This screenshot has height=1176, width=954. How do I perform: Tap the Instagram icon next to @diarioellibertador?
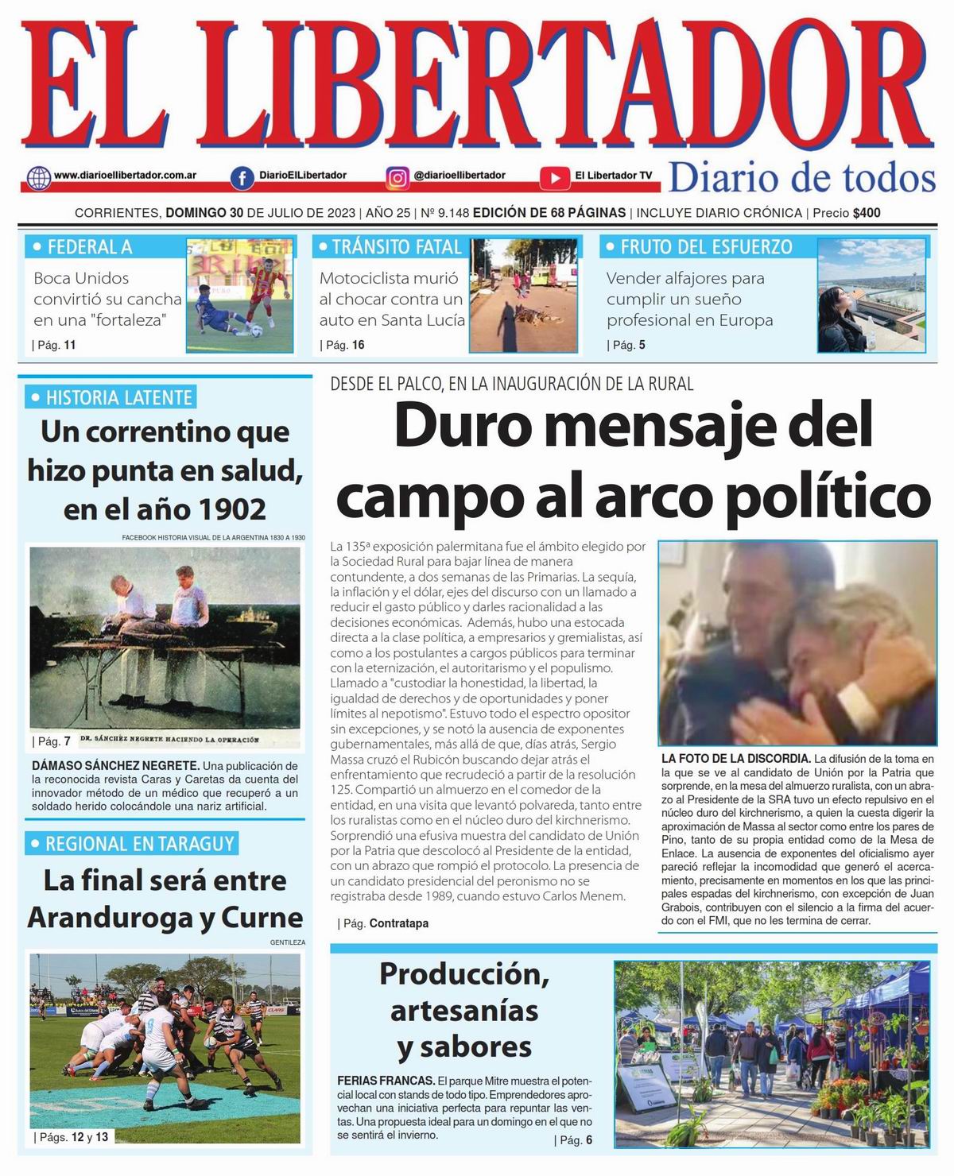[397, 177]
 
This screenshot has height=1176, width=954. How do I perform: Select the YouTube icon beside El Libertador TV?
[554, 177]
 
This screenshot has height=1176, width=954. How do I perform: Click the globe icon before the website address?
[38, 177]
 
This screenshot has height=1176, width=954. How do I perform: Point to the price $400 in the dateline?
[866, 213]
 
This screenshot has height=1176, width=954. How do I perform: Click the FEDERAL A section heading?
[89, 247]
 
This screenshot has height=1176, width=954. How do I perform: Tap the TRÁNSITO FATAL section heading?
[396, 247]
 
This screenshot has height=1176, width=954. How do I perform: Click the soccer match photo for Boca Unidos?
[240, 295]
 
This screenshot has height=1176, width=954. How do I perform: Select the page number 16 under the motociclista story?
[358, 345]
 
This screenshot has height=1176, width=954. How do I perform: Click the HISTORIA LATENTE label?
[118, 397]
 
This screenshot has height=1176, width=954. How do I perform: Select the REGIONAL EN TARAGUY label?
[140, 844]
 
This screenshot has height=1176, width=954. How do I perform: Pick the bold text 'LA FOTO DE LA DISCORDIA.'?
[735, 758]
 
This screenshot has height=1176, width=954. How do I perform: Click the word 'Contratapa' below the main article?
[398, 923]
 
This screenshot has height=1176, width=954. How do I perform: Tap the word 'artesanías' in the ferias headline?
[464, 1011]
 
